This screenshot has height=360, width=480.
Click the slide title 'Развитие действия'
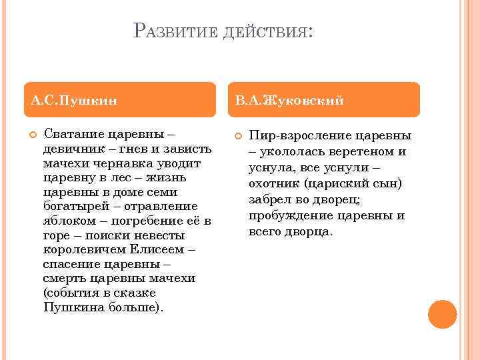[223, 32]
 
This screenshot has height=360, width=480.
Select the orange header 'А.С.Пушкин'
[74, 101]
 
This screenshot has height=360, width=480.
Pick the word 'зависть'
[189, 149]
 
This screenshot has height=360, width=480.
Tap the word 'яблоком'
[67, 221]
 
